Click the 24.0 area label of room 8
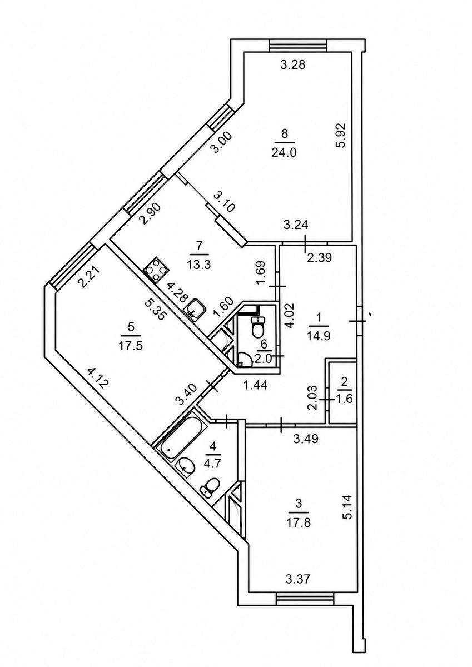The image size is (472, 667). (x=284, y=153)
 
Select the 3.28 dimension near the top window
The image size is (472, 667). (x=293, y=64)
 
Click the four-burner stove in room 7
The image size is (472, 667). (x=156, y=270)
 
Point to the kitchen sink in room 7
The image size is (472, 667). (x=196, y=311)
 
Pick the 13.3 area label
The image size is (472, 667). (x=199, y=264)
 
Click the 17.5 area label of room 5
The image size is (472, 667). (x=131, y=346)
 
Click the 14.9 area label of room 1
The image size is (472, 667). (x=319, y=336)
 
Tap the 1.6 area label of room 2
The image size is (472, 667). (x=345, y=399)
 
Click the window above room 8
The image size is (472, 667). (x=298, y=46)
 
